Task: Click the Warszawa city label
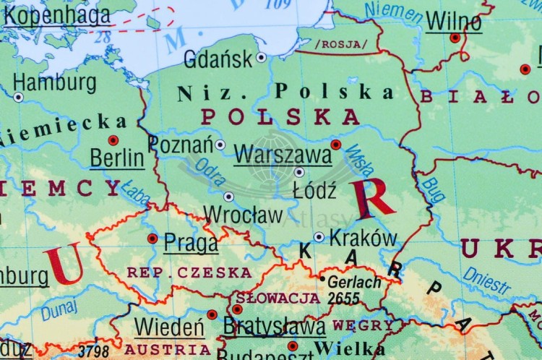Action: [x=272, y=154]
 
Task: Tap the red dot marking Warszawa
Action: [x=336, y=145]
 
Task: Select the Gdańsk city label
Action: [x=218, y=59]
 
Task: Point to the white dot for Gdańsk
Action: [x=261, y=56]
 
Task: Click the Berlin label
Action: [x=116, y=158]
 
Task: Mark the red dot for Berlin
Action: [x=113, y=140]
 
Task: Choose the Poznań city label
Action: [x=181, y=144]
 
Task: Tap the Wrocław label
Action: [x=243, y=215]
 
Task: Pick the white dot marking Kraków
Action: [x=319, y=236]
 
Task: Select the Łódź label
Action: [x=314, y=191]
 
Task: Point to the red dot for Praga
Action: [x=152, y=238]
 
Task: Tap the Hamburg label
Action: [x=55, y=82]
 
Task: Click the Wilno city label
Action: [x=453, y=21]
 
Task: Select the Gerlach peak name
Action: [x=353, y=282]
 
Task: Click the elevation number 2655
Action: [x=343, y=298]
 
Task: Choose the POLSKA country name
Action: [x=280, y=116]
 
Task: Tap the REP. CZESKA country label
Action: [x=189, y=273]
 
